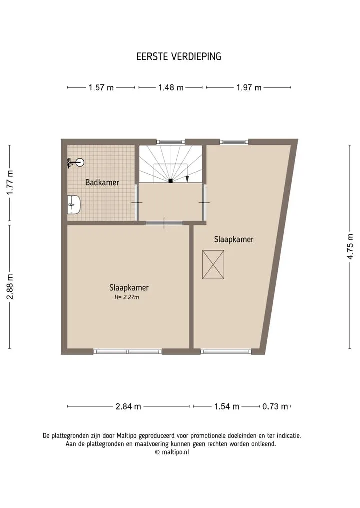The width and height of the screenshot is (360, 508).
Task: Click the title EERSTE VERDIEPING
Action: point(179,57)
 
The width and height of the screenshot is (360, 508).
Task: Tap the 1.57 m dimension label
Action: point(101,87)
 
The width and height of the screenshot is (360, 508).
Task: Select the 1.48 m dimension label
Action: point(171,87)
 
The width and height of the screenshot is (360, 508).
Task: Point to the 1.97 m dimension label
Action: point(249,87)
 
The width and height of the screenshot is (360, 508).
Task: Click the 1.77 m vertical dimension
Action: point(10,182)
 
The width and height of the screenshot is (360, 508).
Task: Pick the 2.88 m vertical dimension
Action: point(10,287)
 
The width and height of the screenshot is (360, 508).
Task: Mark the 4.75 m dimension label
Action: point(350,246)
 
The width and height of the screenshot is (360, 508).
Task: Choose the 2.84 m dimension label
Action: point(128,406)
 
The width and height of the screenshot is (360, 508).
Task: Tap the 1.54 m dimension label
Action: point(226,406)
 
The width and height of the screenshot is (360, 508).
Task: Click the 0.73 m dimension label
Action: point(275,406)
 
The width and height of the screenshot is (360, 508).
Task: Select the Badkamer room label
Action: point(102,182)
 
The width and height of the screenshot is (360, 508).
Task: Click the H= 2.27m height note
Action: point(127,297)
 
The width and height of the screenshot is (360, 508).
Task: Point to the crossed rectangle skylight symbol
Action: point(213,264)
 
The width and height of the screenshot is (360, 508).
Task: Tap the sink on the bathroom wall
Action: point(74,205)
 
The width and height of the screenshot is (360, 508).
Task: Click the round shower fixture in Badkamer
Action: point(80,162)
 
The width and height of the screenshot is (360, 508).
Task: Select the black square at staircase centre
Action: point(170,181)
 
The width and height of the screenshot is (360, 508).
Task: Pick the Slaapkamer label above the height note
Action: point(129,288)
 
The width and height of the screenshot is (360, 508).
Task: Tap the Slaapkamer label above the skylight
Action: point(234,239)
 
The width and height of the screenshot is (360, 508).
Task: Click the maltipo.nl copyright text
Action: point(172,452)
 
